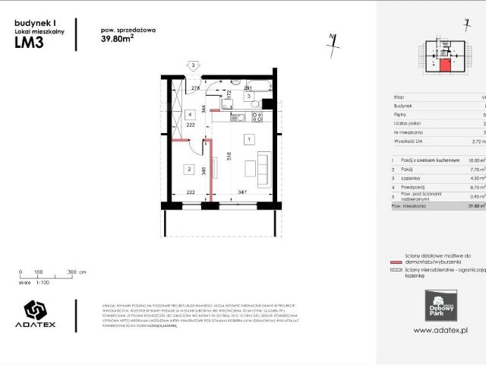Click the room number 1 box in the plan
pyautogui.click(x=248, y=140)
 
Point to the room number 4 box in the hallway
pyautogui.click(x=189, y=115)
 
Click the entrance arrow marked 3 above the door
pyautogui.click(x=194, y=67)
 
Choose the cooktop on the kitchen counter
pyautogui.click(x=257, y=118)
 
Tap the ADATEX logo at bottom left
pyautogui.click(x=40, y=314)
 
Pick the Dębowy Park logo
pyautogui.click(x=441, y=305)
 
